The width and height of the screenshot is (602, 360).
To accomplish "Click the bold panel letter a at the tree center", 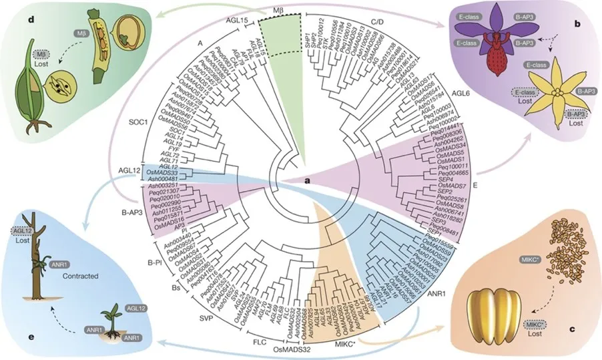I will (x=290, y=181).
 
